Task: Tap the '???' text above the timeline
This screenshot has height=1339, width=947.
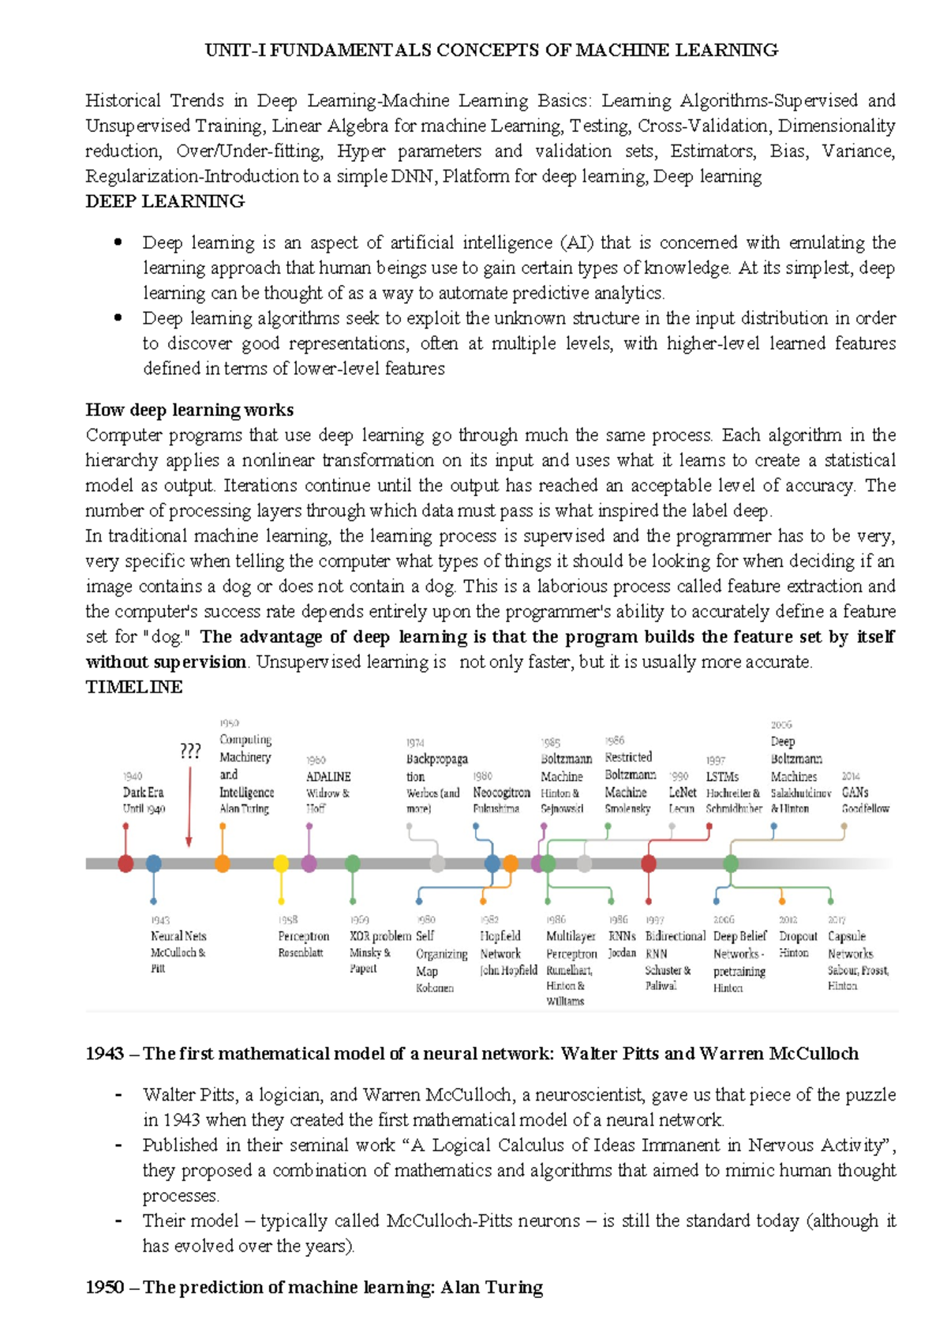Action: [x=190, y=751]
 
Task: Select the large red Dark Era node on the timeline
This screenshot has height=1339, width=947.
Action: [x=125, y=863]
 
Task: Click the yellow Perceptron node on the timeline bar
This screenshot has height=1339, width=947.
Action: [x=281, y=863]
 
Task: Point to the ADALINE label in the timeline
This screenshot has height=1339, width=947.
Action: [x=328, y=777]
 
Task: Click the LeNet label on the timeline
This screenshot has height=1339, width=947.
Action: [x=683, y=792]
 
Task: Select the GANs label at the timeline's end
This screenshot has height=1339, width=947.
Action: [x=855, y=792]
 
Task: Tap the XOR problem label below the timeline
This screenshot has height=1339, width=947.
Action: [x=380, y=936]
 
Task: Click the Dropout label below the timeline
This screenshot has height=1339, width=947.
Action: [x=798, y=936]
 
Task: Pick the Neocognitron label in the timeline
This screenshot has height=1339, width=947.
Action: [x=501, y=792]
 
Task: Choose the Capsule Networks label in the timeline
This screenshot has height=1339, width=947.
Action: [x=848, y=944]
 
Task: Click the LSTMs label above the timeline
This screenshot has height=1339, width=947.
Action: [x=722, y=777]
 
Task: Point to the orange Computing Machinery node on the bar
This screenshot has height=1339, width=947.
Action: [x=223, y=863]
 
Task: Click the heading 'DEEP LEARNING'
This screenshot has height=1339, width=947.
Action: [x=165, y=201]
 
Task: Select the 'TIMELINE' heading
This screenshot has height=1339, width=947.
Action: [x=134, y=687]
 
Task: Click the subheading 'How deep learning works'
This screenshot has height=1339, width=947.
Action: [x=189, y=410]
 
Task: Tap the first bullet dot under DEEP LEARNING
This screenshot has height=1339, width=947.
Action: [x=118, y=242]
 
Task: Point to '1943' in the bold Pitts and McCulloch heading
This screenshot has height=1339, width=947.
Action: [x=105, y=1053]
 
